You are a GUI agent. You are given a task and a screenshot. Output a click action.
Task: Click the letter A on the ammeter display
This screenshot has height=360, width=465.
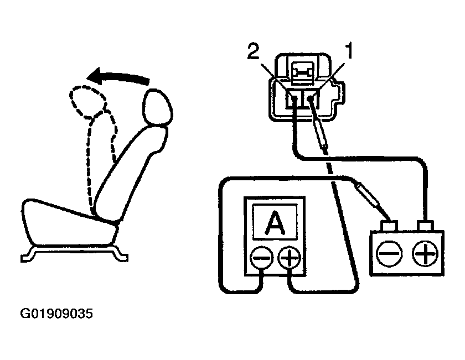click(273, 225)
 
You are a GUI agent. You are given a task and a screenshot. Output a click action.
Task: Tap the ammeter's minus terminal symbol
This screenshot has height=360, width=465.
click(262, 258)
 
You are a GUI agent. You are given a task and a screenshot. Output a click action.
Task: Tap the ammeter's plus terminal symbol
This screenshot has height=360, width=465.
click(288, 258)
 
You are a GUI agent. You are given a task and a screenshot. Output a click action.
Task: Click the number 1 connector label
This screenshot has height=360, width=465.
click(349, 53)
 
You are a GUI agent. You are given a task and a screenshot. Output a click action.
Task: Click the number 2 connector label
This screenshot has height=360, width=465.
click(253, 53)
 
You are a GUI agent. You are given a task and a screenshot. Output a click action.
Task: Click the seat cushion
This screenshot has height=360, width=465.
click(66, 221)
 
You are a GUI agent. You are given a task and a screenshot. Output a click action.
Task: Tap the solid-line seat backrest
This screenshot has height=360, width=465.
click(130, 171)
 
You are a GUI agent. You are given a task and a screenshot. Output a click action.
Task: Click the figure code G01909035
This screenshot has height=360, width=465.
click(56, 315)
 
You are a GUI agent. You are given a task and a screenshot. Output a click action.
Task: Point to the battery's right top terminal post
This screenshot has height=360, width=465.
click(425, 227)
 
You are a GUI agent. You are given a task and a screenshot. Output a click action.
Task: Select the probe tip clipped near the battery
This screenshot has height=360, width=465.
click(369, 196)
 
